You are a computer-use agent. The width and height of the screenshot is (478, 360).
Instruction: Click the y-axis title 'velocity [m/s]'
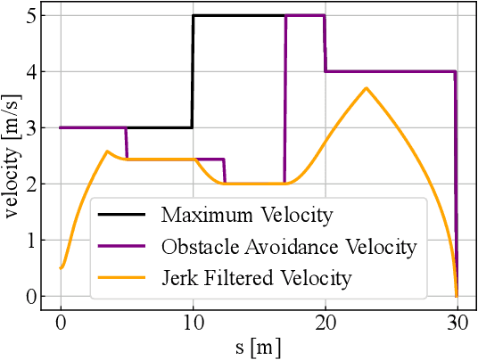[x=12, y=155]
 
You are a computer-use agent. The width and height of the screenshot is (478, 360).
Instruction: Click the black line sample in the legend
[x=124, y=215]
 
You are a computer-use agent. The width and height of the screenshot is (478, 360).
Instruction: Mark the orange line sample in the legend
[x=124, y=278]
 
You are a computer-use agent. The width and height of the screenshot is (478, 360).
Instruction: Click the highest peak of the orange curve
[x=366, y=87]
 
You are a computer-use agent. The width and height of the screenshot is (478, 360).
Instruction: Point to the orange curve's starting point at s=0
[x=61, y=267]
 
